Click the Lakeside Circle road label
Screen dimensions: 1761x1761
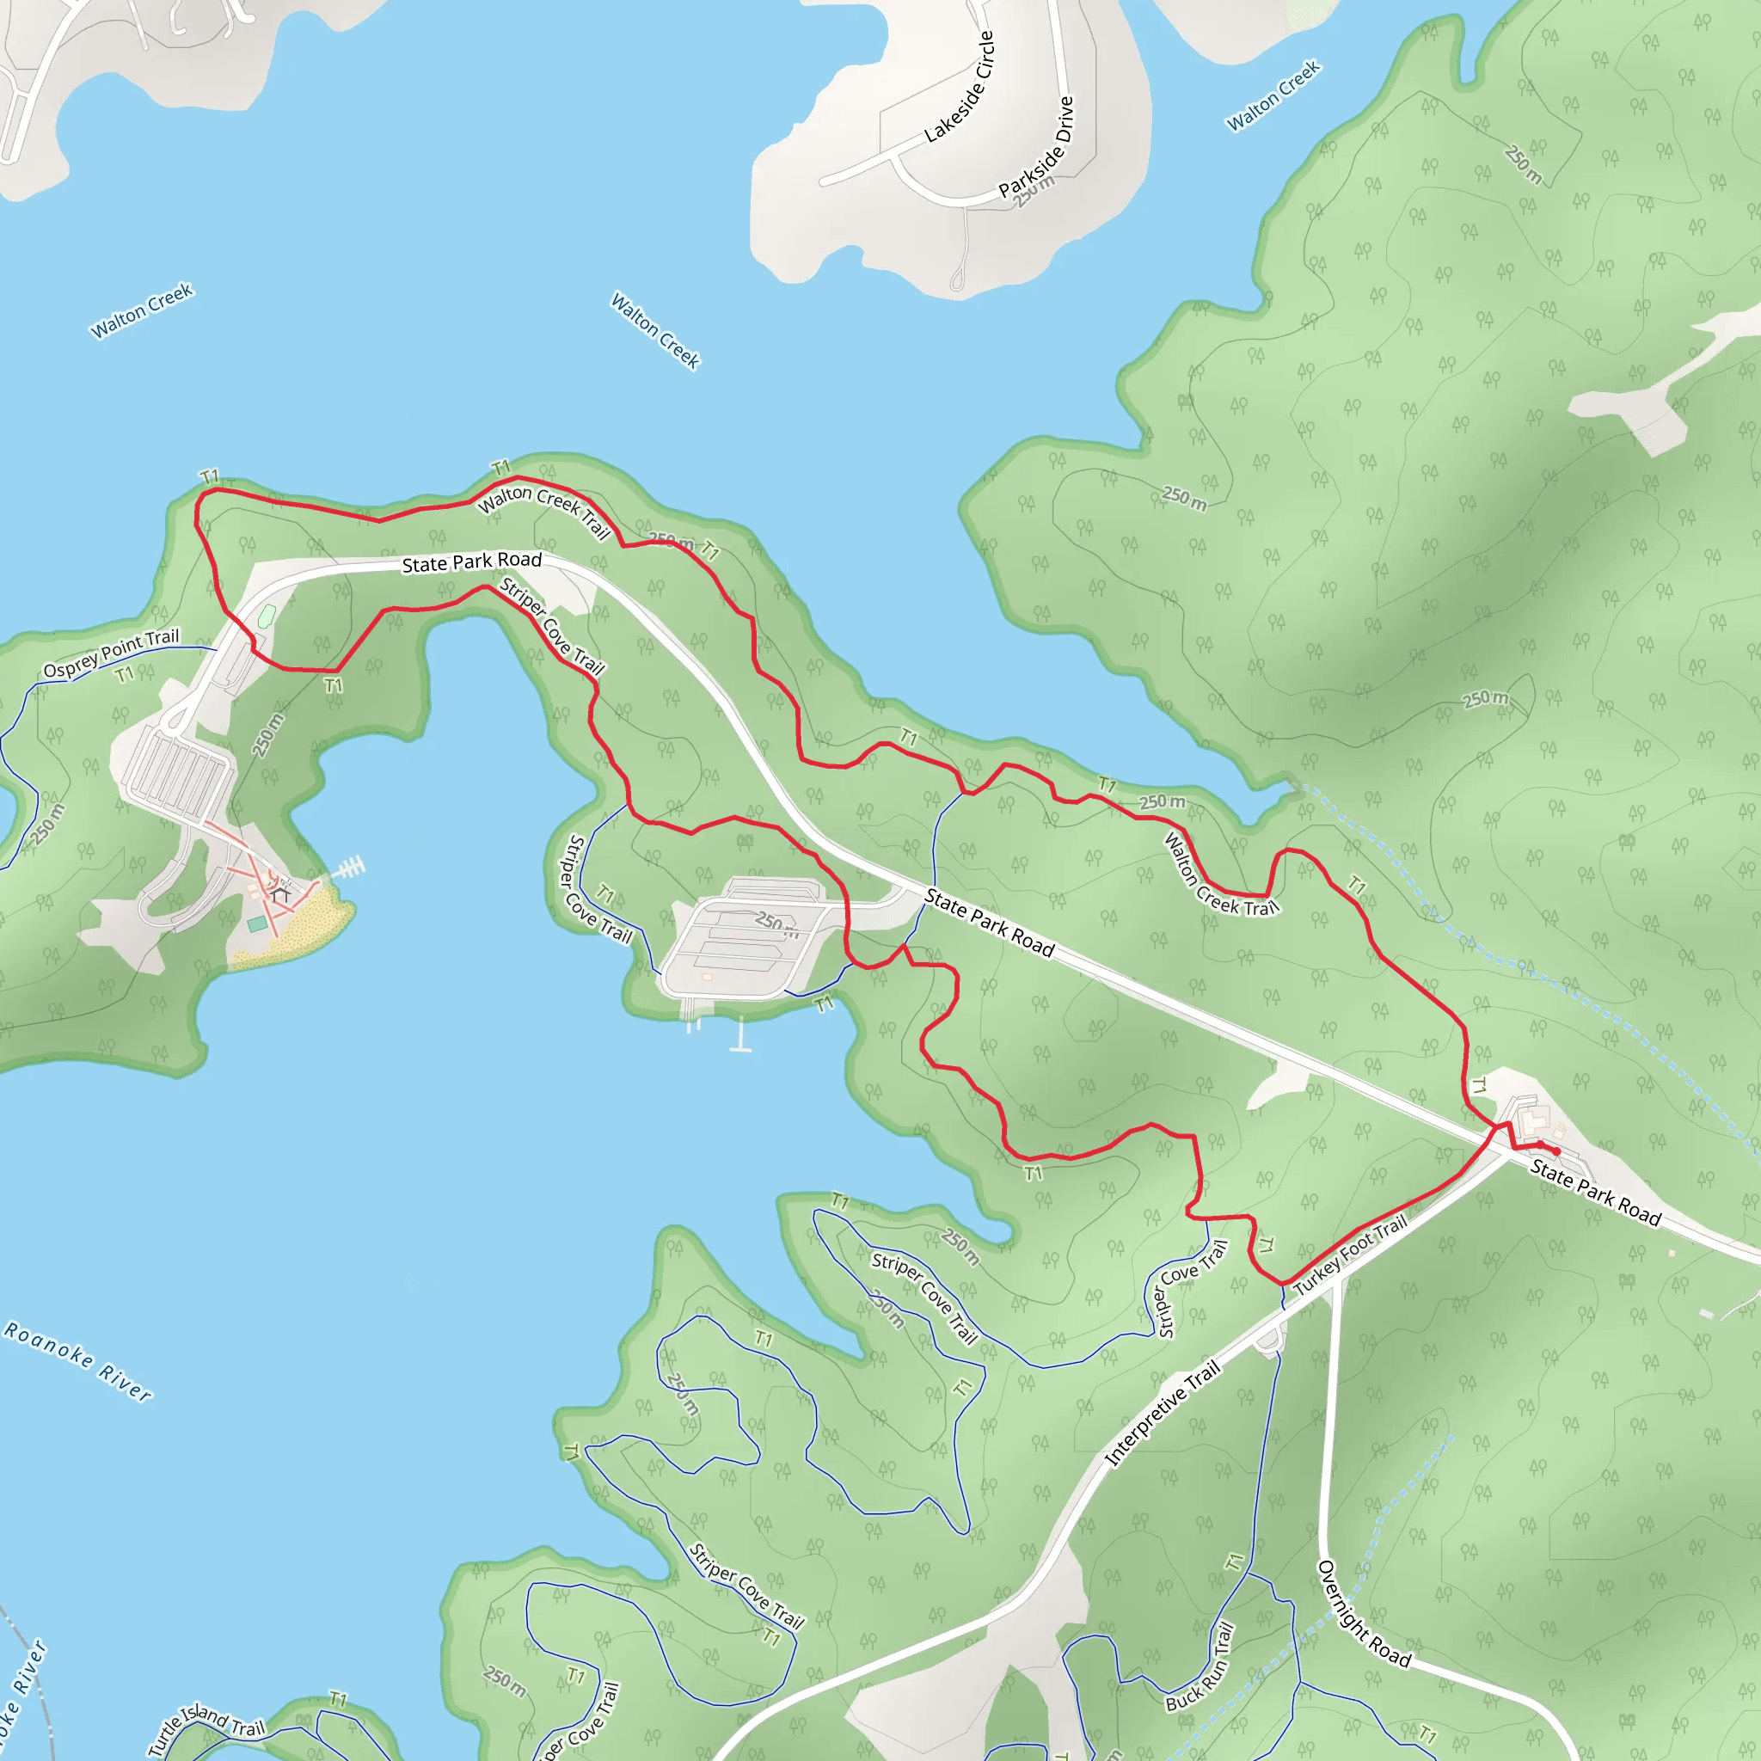tap(959, 88)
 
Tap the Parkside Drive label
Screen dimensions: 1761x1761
tap(1036, 148)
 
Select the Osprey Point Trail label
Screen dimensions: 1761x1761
tap(111, 653)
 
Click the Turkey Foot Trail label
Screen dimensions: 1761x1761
tap(1350, 1255)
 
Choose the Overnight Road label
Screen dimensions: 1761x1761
tap(1364, 1613)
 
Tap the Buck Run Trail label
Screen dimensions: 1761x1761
tap(1200, 1667)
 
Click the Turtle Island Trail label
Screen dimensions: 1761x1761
tap(206, 1727)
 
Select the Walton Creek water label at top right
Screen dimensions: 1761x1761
tap(1273, 95)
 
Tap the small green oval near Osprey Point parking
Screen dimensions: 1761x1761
tap(267, 617)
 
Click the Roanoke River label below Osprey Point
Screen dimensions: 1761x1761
tap(78, 1360)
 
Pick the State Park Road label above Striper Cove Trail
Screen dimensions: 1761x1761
tap(472, 562)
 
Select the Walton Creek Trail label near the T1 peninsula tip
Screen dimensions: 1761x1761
tap(543, 511)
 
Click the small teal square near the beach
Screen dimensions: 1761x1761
tap(257, 924)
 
